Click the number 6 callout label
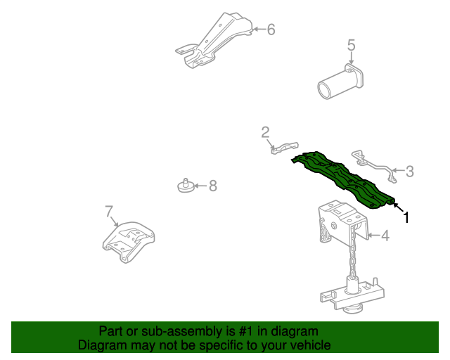coord(271,30)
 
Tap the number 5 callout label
coord(352,46)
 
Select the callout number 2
coord(265,131)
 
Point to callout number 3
coord(410,170)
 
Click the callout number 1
coord(406,217)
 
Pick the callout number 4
coord(385,236)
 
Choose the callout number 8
coord(212,186)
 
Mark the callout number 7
coord(109,211)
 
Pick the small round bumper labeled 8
coord(184,186)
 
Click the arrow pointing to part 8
coord(199,186)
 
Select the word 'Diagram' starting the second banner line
coord(102,345)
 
